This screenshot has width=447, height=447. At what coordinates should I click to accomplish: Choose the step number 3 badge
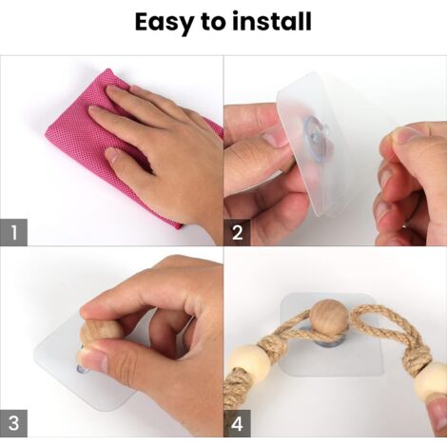[13, 424]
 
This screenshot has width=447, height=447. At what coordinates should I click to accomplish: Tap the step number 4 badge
[238, 424]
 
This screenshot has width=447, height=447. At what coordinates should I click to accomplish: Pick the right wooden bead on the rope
[431, 380]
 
